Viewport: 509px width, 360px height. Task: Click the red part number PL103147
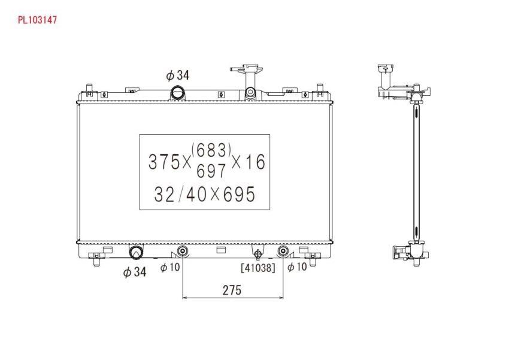[37, 20]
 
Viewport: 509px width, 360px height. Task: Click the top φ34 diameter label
[177, 75]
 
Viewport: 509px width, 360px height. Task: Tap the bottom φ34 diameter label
[134, 272]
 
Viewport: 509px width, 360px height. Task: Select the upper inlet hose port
[178, 93]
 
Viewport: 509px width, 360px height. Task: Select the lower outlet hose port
[136, 251]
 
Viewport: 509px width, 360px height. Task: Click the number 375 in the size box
[164, 162]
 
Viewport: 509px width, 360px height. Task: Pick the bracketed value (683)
[211, 149]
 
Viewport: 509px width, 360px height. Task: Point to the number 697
[211, 171]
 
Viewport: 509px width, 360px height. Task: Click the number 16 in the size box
[255, 162]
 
